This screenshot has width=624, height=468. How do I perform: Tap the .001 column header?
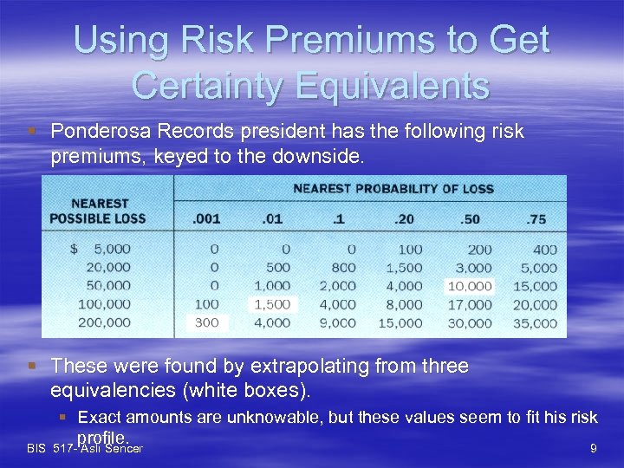coord(206,219)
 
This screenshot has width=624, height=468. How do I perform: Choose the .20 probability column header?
coord(405,219)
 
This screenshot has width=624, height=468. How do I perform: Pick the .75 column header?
coord(536,219)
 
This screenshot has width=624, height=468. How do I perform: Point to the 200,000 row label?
coord(102,322)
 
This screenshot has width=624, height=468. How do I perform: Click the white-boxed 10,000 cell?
coord(469,286)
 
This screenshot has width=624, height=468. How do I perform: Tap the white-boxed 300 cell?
coord(207,322)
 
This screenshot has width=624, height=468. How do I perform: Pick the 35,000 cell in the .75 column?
coord(535,322)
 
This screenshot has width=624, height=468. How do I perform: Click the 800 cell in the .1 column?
coord(343,268)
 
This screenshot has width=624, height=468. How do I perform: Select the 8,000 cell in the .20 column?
coord(405,304)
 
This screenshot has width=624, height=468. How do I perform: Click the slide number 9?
coord(593,449)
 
